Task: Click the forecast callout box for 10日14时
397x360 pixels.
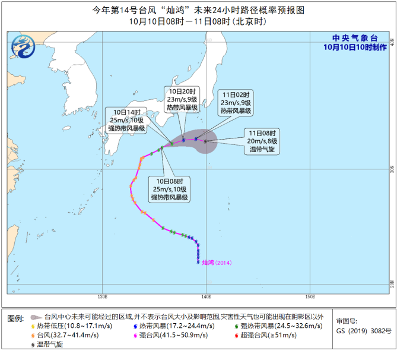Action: coord(125,120)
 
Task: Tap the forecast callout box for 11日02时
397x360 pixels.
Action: coord(236,102)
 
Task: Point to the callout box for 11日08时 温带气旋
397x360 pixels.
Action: coord(263,140)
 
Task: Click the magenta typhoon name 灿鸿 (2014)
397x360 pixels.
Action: coord(218,262)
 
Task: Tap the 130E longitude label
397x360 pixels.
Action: coord(102,296)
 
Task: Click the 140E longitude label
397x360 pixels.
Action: coord(206,296)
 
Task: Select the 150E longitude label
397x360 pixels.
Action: coord(310,296)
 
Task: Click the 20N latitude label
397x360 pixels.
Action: coord(392,282)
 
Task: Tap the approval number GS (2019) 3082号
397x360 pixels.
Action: coord(364,331)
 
